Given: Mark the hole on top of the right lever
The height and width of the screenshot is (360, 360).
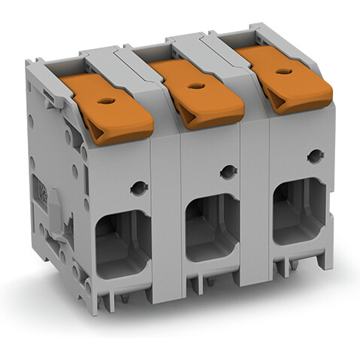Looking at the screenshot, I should (x=284, y=72).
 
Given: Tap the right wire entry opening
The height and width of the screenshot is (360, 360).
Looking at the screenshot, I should (x=298, y=214).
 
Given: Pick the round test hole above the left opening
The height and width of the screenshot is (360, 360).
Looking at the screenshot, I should (x=138, y=187).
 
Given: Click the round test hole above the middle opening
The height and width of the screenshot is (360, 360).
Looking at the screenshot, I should (x=227, y=172).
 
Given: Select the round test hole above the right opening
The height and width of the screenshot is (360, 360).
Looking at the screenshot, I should (x=314, y=156).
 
